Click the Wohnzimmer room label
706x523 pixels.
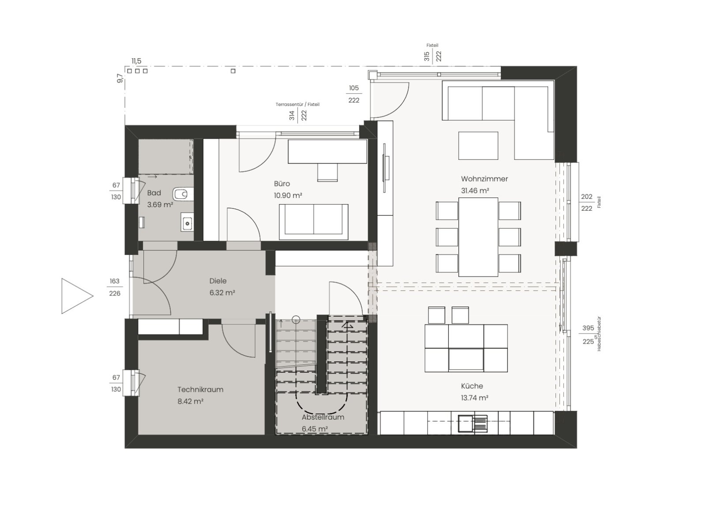coord(484,179)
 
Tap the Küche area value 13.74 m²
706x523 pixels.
coord(475,398)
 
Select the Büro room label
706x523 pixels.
coord(282,184)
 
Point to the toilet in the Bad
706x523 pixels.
coord(183,193)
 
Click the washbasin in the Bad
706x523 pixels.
coord(187,222)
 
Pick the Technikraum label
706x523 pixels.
coord(200,390)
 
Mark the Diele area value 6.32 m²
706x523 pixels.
coord(222,292)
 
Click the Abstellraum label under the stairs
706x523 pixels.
coord(323,417)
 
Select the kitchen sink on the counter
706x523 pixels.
coord(473,424)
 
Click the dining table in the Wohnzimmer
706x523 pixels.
coord(478,237)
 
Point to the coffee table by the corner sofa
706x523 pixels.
coord(478,146)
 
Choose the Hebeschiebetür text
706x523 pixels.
coord(599,334)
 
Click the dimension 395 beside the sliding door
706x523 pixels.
coord(588,328)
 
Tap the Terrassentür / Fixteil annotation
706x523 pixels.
coord(297,105)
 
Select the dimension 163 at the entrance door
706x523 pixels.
coord(115,281)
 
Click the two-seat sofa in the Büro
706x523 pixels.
coord(314,222)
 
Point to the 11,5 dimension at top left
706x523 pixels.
coord(136,61)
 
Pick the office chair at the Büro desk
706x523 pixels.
coord(327,173)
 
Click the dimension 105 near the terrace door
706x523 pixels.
coord(353,88)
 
